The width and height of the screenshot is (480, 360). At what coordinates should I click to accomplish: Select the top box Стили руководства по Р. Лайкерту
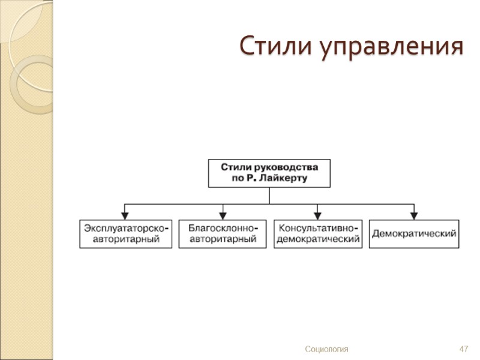(269, 173)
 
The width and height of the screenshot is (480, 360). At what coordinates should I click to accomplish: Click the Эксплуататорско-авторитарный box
(126, 234)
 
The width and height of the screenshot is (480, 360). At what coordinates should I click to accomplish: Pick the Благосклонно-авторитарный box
(223, 234)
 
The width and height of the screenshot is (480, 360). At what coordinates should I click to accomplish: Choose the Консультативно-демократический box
(318, 234)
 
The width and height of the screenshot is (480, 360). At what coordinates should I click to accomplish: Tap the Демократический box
(415, 234)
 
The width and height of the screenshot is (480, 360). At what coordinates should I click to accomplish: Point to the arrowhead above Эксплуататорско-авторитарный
(125, 215)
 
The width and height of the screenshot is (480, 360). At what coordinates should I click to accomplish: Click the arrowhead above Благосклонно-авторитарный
(223, 215)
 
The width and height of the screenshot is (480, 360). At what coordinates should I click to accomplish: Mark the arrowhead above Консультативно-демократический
(318, 215)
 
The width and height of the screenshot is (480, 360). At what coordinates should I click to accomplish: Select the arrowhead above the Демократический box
(415, 215)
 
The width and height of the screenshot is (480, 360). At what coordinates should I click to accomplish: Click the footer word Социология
(326, 349)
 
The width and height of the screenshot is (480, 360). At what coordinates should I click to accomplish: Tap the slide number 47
(463, 349)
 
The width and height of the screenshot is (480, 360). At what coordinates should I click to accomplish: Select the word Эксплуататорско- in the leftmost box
(126, 229)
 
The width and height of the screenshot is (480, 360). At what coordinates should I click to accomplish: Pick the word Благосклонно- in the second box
(223, 229)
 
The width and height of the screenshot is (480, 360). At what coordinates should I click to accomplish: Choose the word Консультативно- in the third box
(319, 229)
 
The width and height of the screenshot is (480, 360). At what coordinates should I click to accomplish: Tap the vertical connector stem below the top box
(269, 196)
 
